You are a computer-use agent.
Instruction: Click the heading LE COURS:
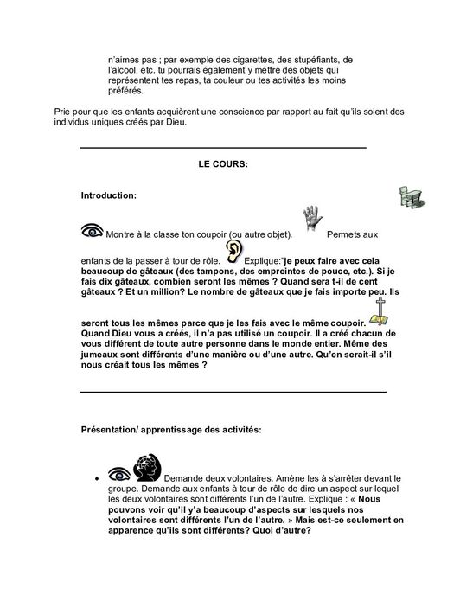(x=223, y=163)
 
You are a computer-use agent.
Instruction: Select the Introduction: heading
(x=107, y=196)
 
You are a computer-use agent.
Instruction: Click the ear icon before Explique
(x=233, y=253)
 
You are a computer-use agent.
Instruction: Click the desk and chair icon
(x=410, y=195)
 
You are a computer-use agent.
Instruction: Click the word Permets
(x=347, y=235)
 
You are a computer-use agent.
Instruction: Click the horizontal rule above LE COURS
(x=222, y=149)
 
